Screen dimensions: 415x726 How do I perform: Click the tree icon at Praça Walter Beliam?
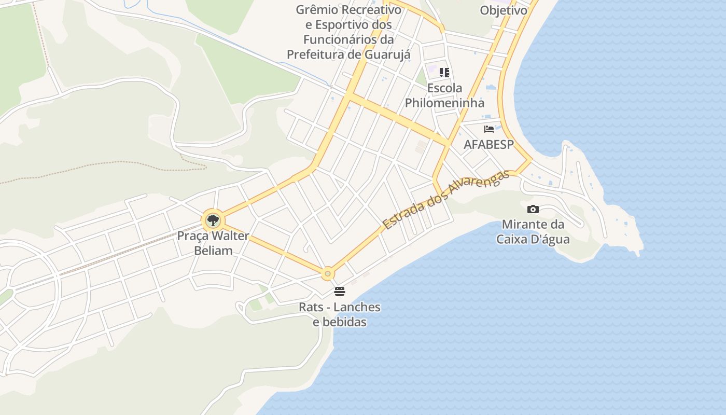[213, 220]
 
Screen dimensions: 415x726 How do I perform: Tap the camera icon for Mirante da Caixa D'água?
[533, 210]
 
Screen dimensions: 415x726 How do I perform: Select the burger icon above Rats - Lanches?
[340, 292]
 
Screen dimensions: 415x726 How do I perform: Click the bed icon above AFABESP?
[488, 129]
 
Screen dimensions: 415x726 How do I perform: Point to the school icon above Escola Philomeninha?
[444, 73]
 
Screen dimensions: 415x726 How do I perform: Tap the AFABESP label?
[488, 144]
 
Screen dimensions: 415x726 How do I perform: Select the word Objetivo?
[503, 10]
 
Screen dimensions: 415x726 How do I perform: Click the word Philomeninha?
[444, 103]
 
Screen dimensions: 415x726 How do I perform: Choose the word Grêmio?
[317, 10]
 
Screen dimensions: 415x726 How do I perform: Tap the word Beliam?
[213, 250]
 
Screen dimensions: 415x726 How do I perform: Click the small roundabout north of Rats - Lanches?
[327, 273]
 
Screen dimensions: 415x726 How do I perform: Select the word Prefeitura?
[316, 54]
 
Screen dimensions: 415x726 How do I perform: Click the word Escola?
[444, 88]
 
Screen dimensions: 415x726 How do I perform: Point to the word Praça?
[192, 236]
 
